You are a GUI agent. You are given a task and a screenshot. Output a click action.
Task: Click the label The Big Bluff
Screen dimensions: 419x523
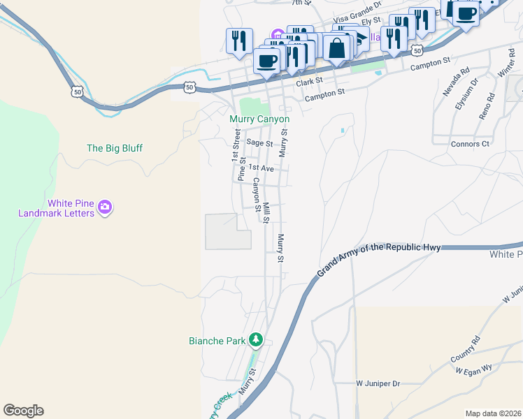click(x=115, y=148)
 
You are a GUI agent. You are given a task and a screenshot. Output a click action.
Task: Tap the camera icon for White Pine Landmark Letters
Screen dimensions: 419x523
click(x=105, y=207)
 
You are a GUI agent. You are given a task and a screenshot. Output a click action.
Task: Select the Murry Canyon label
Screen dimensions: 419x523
click(x=259, y=119)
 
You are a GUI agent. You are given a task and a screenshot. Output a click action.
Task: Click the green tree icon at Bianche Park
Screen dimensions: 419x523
click(x=256, y=340)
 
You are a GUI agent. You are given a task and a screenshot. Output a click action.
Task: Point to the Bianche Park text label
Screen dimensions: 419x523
click(x=217, y=341)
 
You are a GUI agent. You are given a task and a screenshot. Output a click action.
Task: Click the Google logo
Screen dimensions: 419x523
click(x=23, y=411)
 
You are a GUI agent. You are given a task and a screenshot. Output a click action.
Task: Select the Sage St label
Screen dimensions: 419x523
click(x=259, y=142)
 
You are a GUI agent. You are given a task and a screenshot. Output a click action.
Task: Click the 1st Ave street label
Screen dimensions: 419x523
click(x=261, y=168)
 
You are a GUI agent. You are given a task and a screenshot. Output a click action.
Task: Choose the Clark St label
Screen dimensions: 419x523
click(x=309, y=82)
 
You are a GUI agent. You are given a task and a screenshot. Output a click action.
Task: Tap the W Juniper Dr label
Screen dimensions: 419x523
click(x=378, y=383)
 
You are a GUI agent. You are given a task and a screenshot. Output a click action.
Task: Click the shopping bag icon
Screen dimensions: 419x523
click(x=337, y=48)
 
